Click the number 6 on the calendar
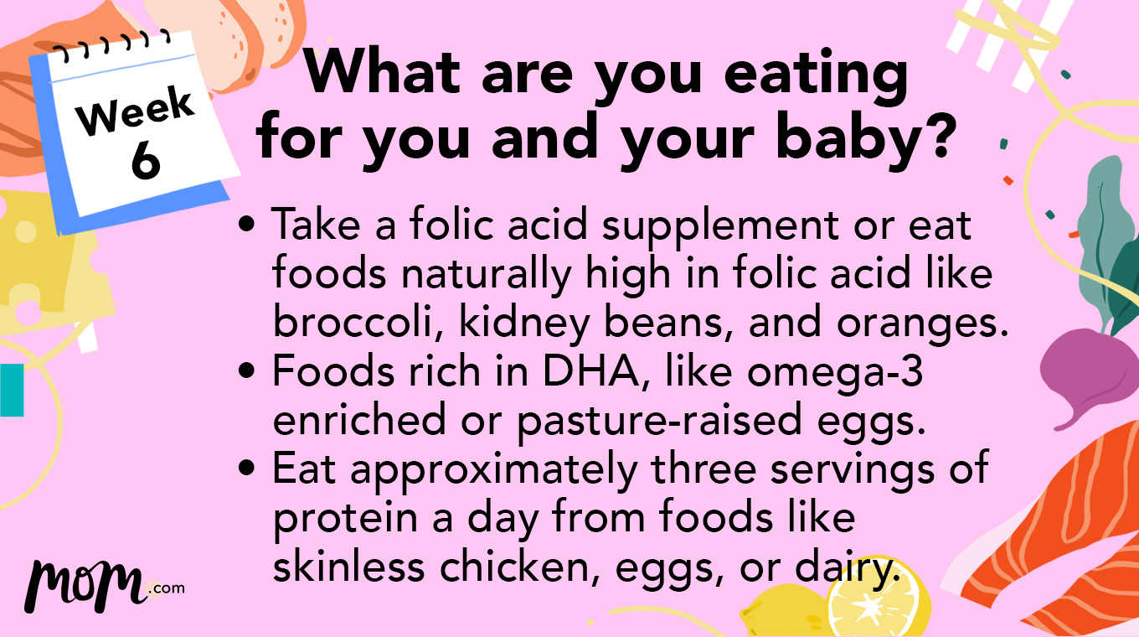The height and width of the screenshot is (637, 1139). point(145,158)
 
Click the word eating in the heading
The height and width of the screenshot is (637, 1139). point(816,74)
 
